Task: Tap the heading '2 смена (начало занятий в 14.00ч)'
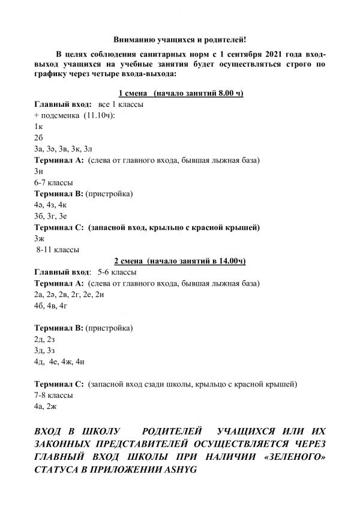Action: [x=180, y=261]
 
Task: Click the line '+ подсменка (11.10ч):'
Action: [x=75, y=115]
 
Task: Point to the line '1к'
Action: [x=39, y=127]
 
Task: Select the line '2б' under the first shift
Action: [x=39, y=137]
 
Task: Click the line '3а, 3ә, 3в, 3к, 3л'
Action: [x=64, y=149]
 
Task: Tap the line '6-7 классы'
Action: [x=54, y=182]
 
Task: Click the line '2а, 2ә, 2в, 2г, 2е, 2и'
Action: [x=70, y=295]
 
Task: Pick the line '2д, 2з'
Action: [x=46, y=339]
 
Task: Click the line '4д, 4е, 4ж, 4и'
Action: [x=60, y=362]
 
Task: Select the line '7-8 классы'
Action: [x=54, y=396]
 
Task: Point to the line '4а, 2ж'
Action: [x=46, y=406]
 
